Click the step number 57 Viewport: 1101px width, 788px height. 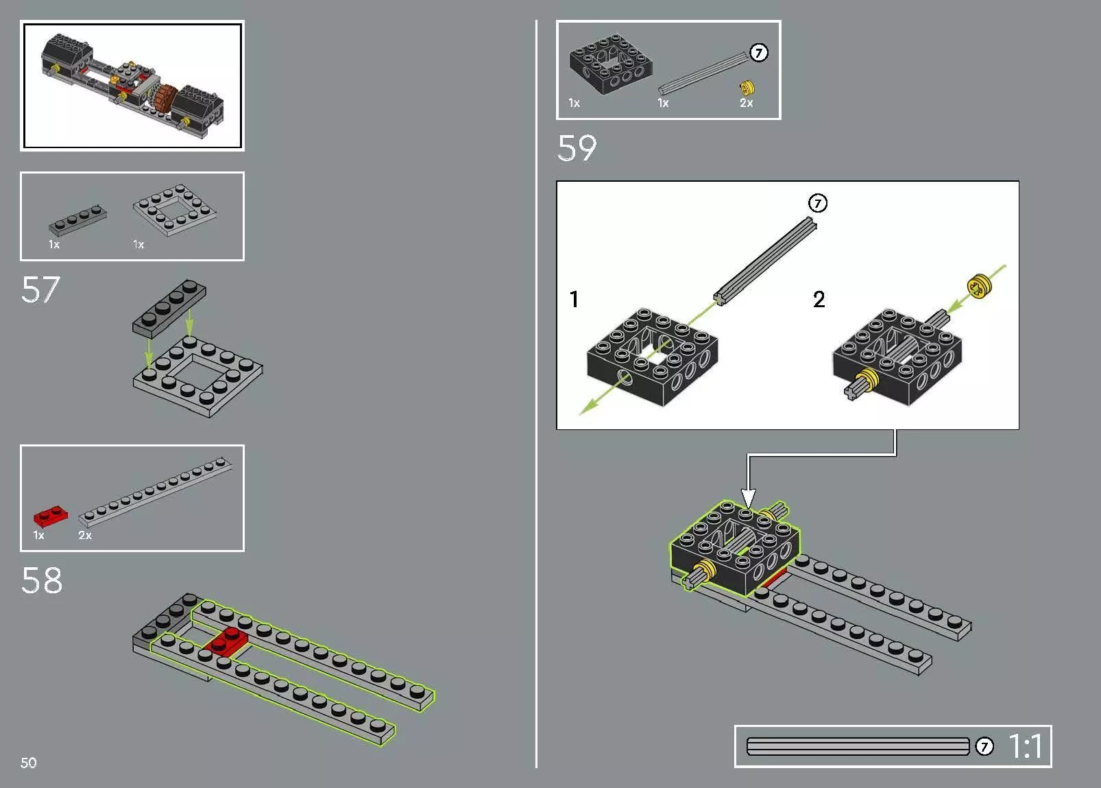point(41,289)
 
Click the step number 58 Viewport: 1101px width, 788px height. point(42,580)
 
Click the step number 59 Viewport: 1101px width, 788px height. point(577,148)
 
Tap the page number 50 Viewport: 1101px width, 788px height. point(29,763)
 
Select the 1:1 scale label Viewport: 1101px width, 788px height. point(1026,746)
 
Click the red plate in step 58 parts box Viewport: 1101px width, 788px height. point(51,516)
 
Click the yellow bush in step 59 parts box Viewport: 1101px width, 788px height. point(747,88)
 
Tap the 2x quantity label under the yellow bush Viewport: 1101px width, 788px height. point(746,104)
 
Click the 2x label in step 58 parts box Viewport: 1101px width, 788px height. point(85,535)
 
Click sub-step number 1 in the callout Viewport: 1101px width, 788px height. point(574,299)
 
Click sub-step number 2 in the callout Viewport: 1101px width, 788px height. point(819,299)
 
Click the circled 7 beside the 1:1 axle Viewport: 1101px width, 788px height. point(984,746)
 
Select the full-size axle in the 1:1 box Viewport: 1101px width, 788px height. point(858,746)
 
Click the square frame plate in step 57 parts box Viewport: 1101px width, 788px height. point(176,208)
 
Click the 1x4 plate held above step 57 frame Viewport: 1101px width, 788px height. point(169,307)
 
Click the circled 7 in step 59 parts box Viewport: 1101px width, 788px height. point(758,53)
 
